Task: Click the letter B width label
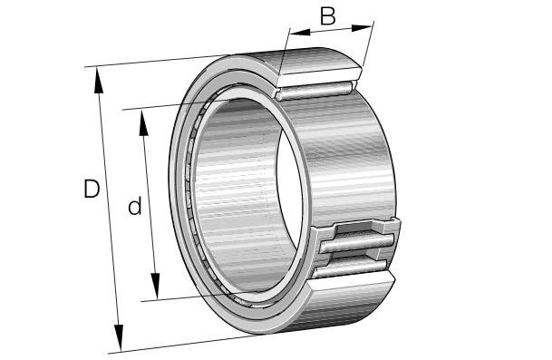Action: point(328,15)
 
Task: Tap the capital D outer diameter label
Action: point(92,190)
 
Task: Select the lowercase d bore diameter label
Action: point(134,207)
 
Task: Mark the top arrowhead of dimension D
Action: point(98,74)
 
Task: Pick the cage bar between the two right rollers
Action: point(355,255)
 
